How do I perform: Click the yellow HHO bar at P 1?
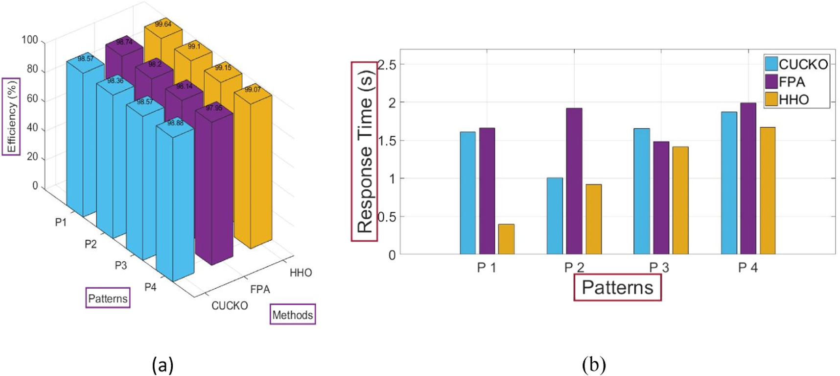(x=506, y=239)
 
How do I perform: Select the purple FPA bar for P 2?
(x=574, y=181)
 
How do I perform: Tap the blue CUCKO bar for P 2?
(x=555, y=216)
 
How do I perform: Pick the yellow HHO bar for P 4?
(x=767, y=191)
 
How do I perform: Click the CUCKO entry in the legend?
(x=796, y=64)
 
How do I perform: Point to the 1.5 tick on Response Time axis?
(x=387, y=141)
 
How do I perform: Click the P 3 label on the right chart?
(x=659, y=268)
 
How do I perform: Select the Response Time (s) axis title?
(x=365, y=151)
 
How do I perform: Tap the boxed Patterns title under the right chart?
(x=617, y=287)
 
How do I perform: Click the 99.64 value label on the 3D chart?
(x=163, y=24)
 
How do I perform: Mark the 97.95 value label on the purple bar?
(x=214, y=108)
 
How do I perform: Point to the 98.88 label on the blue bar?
(x=175, y=123)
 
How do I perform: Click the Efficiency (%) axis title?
(x=11, y=117)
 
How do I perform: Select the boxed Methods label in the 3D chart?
(x=293, y=315)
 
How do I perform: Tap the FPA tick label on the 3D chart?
(x=260, y=289)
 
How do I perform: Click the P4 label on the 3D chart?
(x=150, y=287)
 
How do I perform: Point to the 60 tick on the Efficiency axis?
(x=32, y=99)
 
